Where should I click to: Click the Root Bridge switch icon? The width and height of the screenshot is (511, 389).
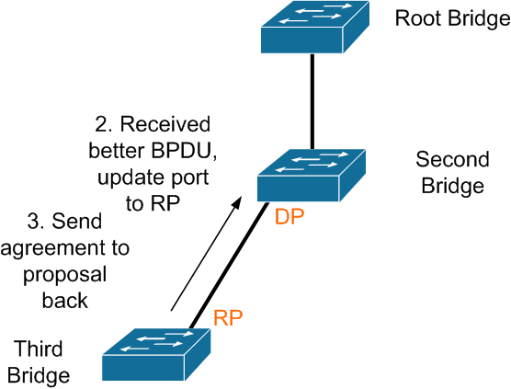315,27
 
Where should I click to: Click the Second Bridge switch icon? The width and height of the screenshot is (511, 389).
312,176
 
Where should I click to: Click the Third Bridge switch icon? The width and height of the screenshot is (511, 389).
156,354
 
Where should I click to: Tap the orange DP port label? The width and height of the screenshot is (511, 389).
290,217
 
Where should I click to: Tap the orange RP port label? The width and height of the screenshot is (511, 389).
228,317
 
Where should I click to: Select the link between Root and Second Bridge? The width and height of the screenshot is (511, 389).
312,101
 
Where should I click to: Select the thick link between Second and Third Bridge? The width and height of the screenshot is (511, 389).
229,266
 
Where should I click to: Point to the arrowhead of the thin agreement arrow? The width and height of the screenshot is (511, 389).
237,202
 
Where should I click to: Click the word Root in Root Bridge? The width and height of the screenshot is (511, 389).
418,18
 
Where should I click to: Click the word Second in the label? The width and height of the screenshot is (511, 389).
453,159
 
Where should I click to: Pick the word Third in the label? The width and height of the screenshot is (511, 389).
38,349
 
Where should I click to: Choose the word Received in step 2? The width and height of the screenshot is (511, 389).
165,124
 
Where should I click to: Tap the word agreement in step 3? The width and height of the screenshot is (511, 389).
55,249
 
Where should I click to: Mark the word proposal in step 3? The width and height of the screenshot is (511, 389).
65,276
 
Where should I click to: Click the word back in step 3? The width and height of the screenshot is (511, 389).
65,300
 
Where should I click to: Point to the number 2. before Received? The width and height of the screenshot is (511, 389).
104,124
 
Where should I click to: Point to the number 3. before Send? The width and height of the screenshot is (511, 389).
37,221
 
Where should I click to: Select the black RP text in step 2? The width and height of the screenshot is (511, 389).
165,203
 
